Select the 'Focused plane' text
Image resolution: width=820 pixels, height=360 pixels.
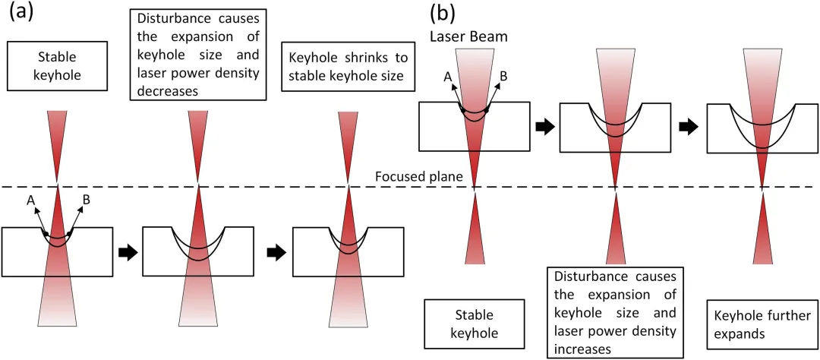click(408, 178)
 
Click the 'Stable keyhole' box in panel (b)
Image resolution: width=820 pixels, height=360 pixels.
click(475, 322)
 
